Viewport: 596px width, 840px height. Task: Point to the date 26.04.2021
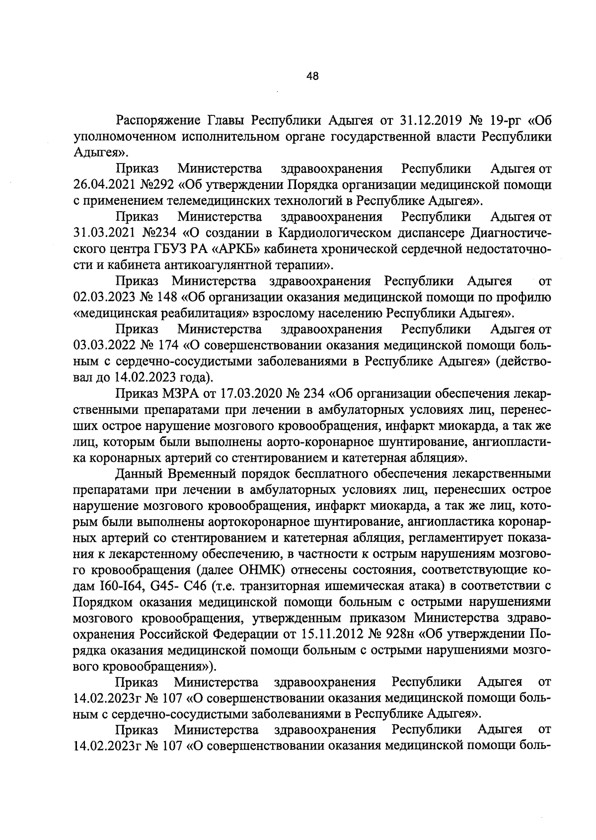point(103,185)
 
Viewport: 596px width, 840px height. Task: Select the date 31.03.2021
point(103,233)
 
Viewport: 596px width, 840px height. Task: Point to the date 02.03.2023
point(103,297)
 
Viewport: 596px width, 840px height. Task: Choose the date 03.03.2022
point(103,345)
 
